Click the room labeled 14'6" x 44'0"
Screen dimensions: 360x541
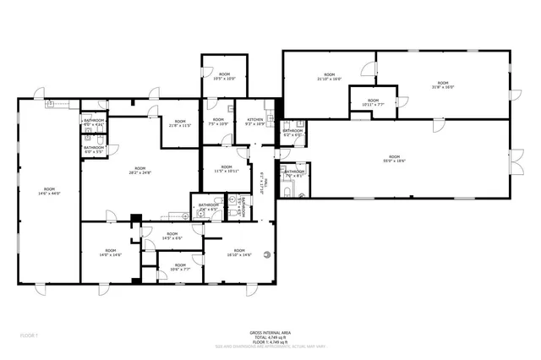click(x=49, y=191)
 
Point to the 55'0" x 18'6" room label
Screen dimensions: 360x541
click(x=394, y=159)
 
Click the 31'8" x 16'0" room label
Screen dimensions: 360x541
click(x=443, y=85)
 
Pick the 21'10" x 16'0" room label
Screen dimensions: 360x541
click(x=329, y=77)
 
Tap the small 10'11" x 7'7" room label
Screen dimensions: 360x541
click(x=373, y=103)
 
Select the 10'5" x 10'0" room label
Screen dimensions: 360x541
click(x=224, y=77)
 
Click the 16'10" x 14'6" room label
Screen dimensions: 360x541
click(x=239, y=253)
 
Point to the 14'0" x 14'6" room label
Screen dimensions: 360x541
click(x=111, y=253)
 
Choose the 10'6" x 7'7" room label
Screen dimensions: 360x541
click(x=178, y=267)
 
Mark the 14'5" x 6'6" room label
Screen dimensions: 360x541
click(x=172, y=236)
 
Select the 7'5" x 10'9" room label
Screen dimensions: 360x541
click(x=218, y=123)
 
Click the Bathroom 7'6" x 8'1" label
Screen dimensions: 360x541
click(x=294, y=174)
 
